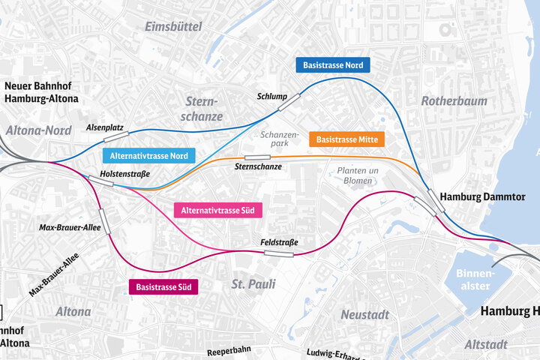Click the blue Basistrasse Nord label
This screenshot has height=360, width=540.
click(333, 65)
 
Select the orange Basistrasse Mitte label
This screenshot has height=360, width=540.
click(346, 139)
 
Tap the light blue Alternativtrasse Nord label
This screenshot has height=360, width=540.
click(148, 156)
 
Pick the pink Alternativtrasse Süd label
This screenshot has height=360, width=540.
click(218, 211)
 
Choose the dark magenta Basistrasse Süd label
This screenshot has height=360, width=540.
click(163, 287)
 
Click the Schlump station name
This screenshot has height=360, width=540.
click(271, 97)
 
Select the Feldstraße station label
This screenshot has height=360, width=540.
click(279, 242)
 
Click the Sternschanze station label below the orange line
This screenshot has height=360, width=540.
click(258, 166)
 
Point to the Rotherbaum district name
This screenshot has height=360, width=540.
click(454, 100)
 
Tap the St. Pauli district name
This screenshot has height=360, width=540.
click(253, 284)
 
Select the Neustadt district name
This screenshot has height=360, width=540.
click(365, 314)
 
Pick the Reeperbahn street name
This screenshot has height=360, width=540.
click(228, 350)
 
